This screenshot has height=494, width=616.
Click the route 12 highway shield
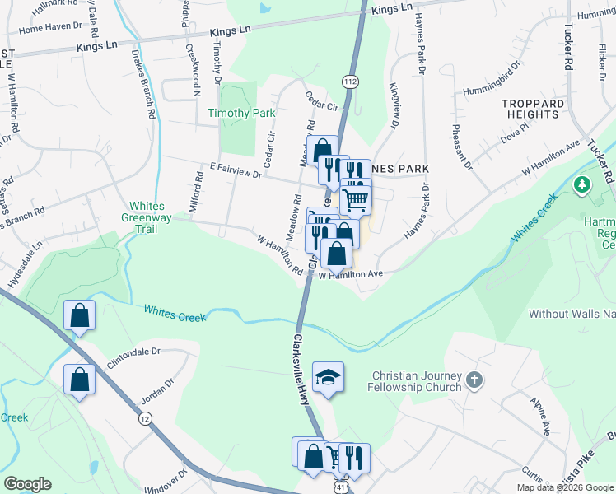click(145, 419)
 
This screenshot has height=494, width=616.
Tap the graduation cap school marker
click(328, 377)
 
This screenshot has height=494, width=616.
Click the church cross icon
click(473, 380)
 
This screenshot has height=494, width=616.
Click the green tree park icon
click(583, 184)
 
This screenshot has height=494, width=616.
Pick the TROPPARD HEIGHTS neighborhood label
click(534, 109)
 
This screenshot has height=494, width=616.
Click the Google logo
click(27, 484)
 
